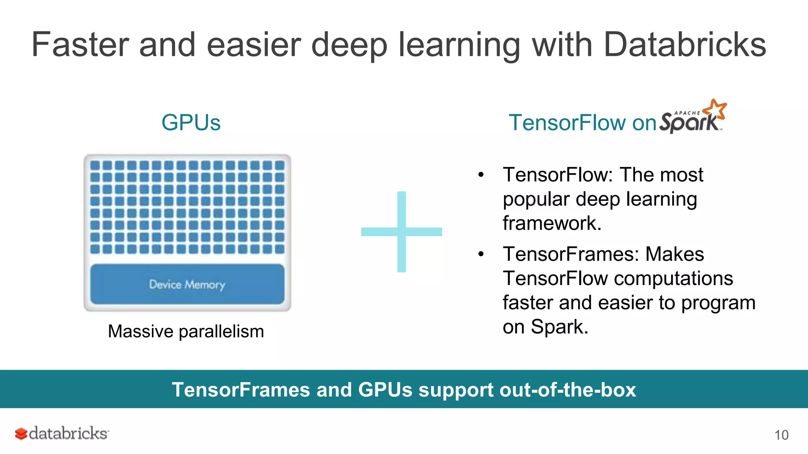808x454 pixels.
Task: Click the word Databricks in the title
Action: point(685,45)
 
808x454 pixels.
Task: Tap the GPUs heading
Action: point(191,123)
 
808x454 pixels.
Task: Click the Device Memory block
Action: point(187,284)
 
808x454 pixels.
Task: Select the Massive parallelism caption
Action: point(186,331)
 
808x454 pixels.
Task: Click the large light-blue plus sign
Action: point(402,232)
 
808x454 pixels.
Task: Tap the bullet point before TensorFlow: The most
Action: point(481,175)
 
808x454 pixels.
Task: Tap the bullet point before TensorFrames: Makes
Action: point(481,254)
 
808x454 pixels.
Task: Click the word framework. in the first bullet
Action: point(552,223)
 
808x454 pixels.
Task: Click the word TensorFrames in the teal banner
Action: point(241,390)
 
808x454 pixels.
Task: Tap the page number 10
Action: point(781,435)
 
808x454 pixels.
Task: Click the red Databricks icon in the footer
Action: point(21,434)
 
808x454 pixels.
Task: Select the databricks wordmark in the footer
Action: point(68,434)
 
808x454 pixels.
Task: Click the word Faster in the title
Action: point(80,45)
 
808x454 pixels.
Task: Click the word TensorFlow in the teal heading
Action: point(567,123)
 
